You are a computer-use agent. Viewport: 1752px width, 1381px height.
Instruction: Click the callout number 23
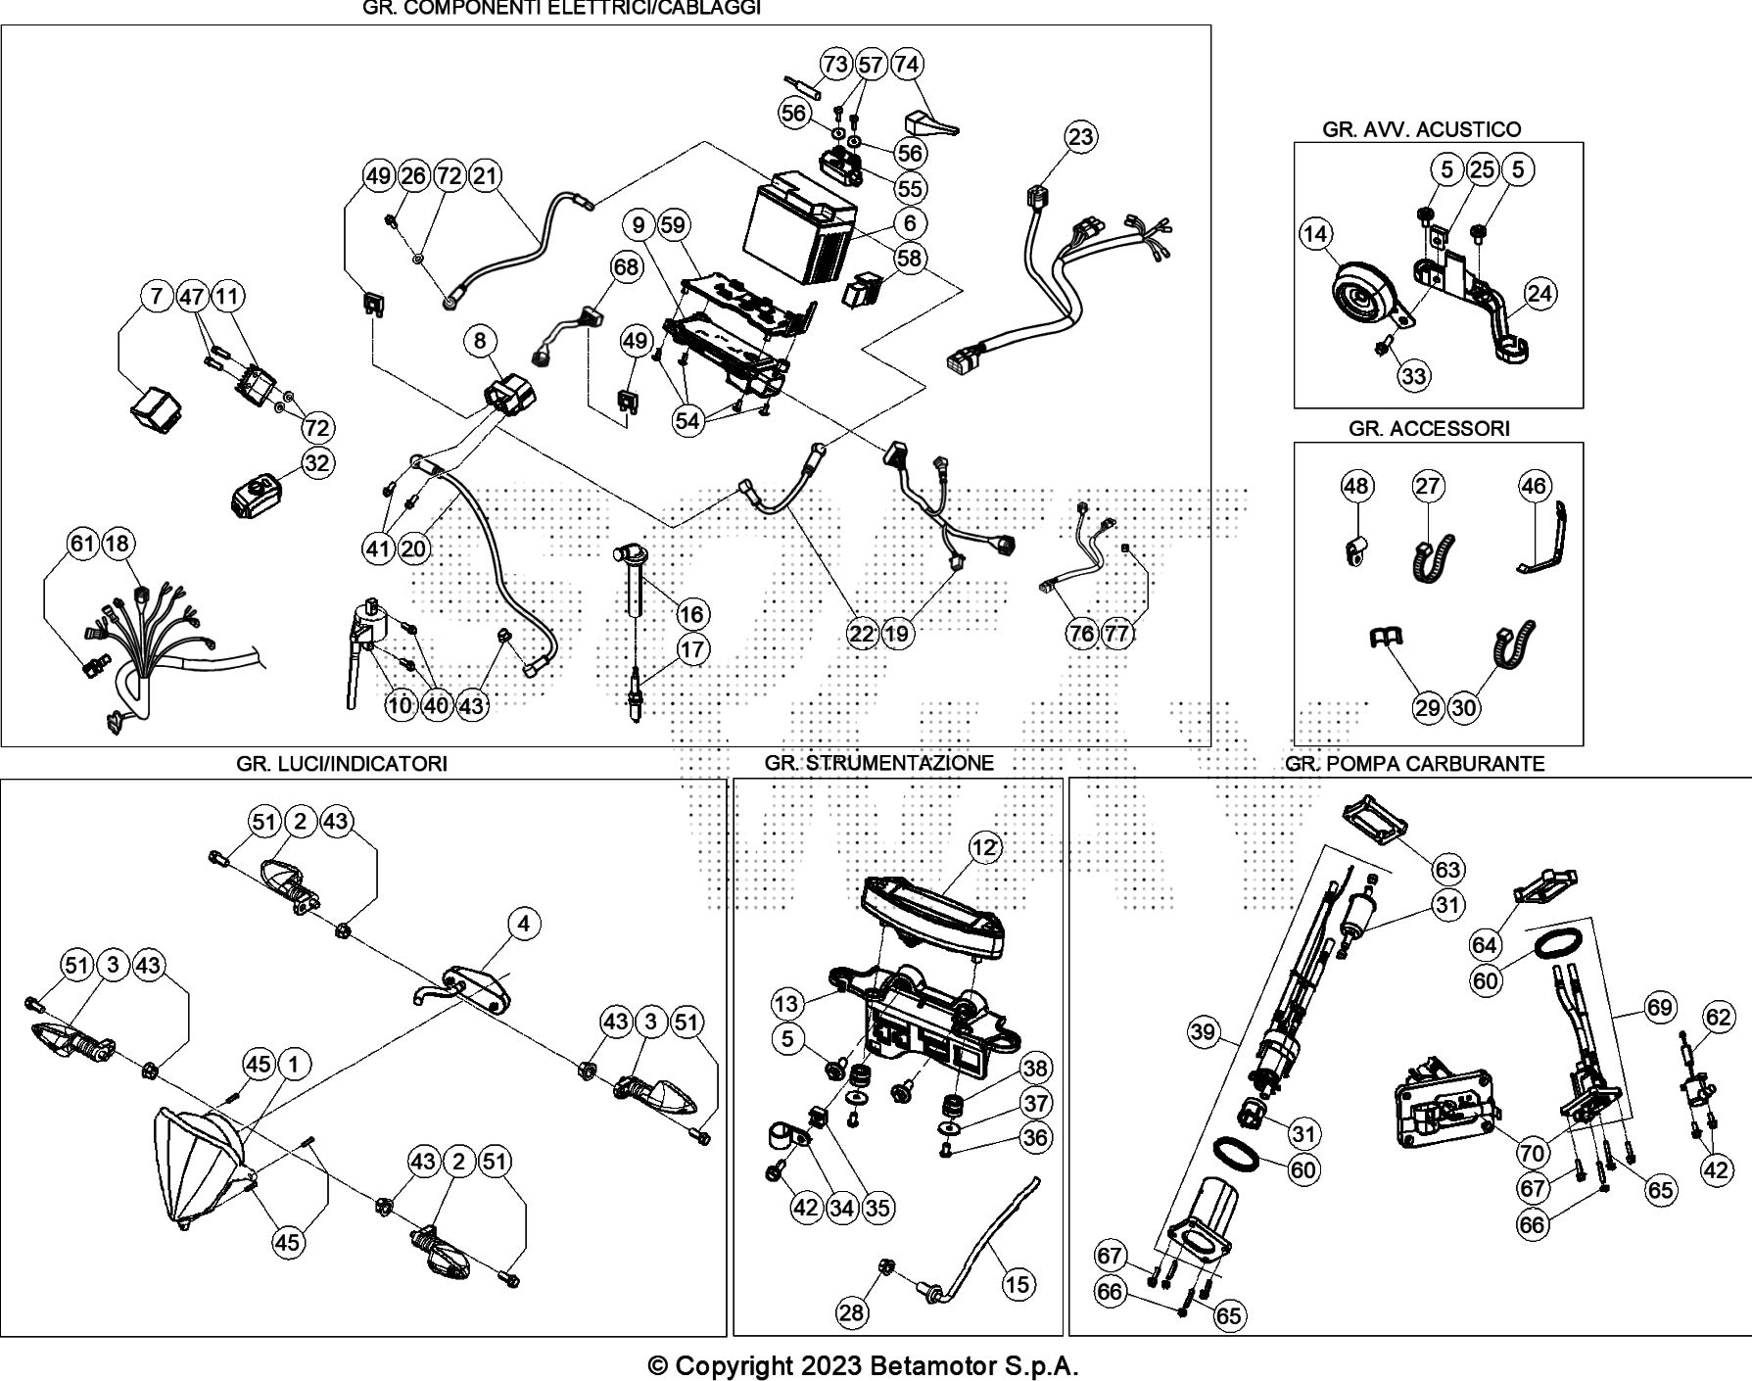[x=1080, y=136]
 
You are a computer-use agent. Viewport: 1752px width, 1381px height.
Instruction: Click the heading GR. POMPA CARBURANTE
[x=1414, y=764]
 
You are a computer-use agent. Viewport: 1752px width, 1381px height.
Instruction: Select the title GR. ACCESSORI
[x=1429, y=428]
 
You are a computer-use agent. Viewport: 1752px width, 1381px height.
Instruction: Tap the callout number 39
[x=1204, y=1031]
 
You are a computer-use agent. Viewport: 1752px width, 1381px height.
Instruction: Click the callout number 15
[x=1018, y=1283]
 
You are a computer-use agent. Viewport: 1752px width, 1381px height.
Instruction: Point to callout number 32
[x=316, y=462]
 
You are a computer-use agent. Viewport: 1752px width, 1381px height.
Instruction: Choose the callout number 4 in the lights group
[x=524, y=923]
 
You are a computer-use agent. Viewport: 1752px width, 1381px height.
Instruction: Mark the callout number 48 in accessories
[x=1356, y=486]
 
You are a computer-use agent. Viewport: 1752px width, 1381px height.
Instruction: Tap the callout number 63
[x=1447, y=870]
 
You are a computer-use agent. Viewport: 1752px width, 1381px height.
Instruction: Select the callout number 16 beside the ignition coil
[x=691, y=614]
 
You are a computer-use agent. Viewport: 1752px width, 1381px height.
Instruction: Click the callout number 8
[x=480, y=341]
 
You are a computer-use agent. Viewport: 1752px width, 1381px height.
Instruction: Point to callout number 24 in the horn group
[x=1540, y=293]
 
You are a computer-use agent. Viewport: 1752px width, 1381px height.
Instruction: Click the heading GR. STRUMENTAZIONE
[x=878, y=763]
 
